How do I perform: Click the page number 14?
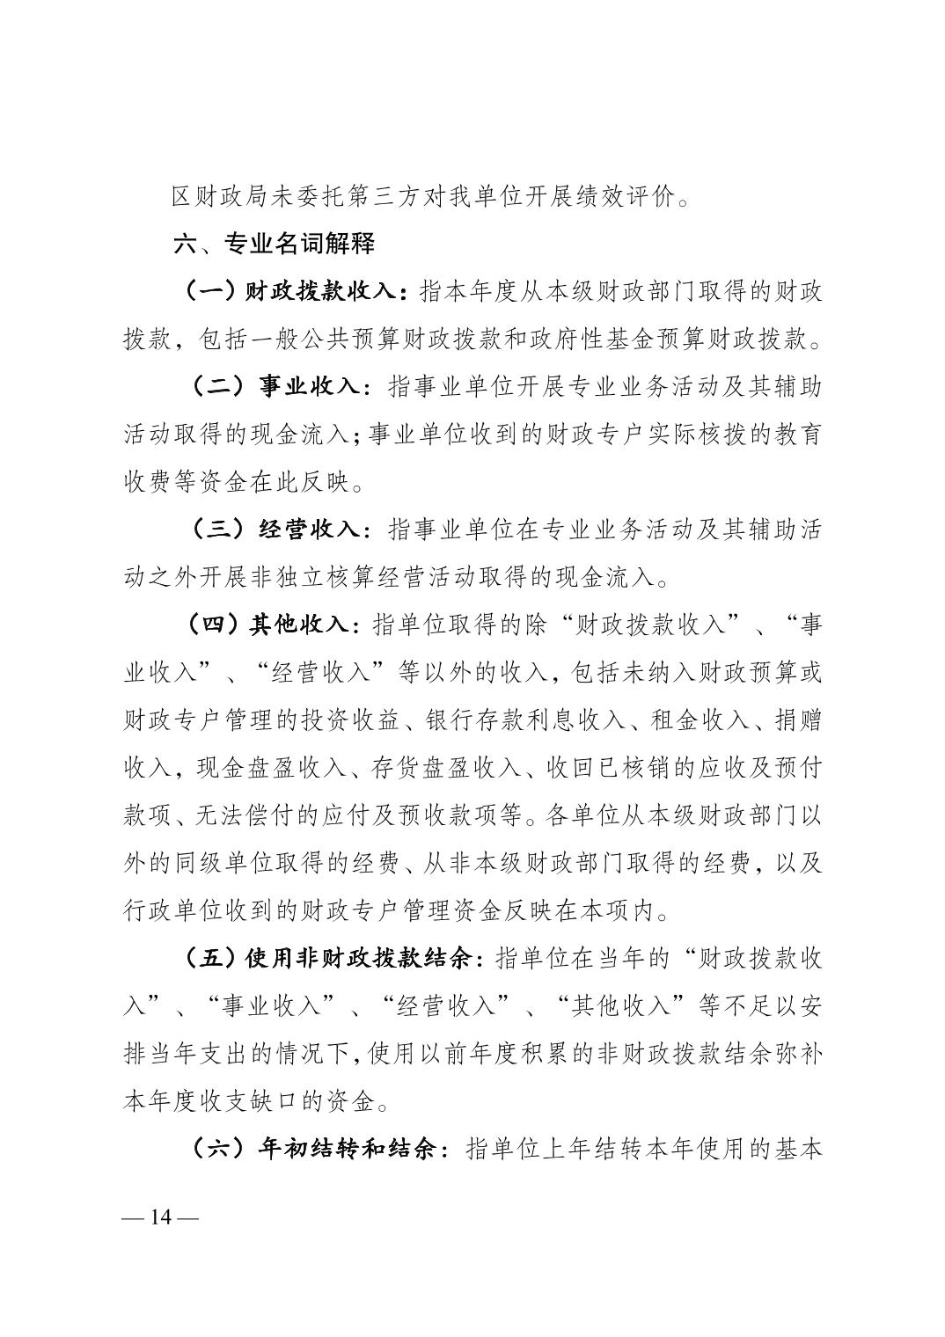point(162,1217)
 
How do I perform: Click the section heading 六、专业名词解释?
point(275,244)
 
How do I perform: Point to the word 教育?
point(797,435)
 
